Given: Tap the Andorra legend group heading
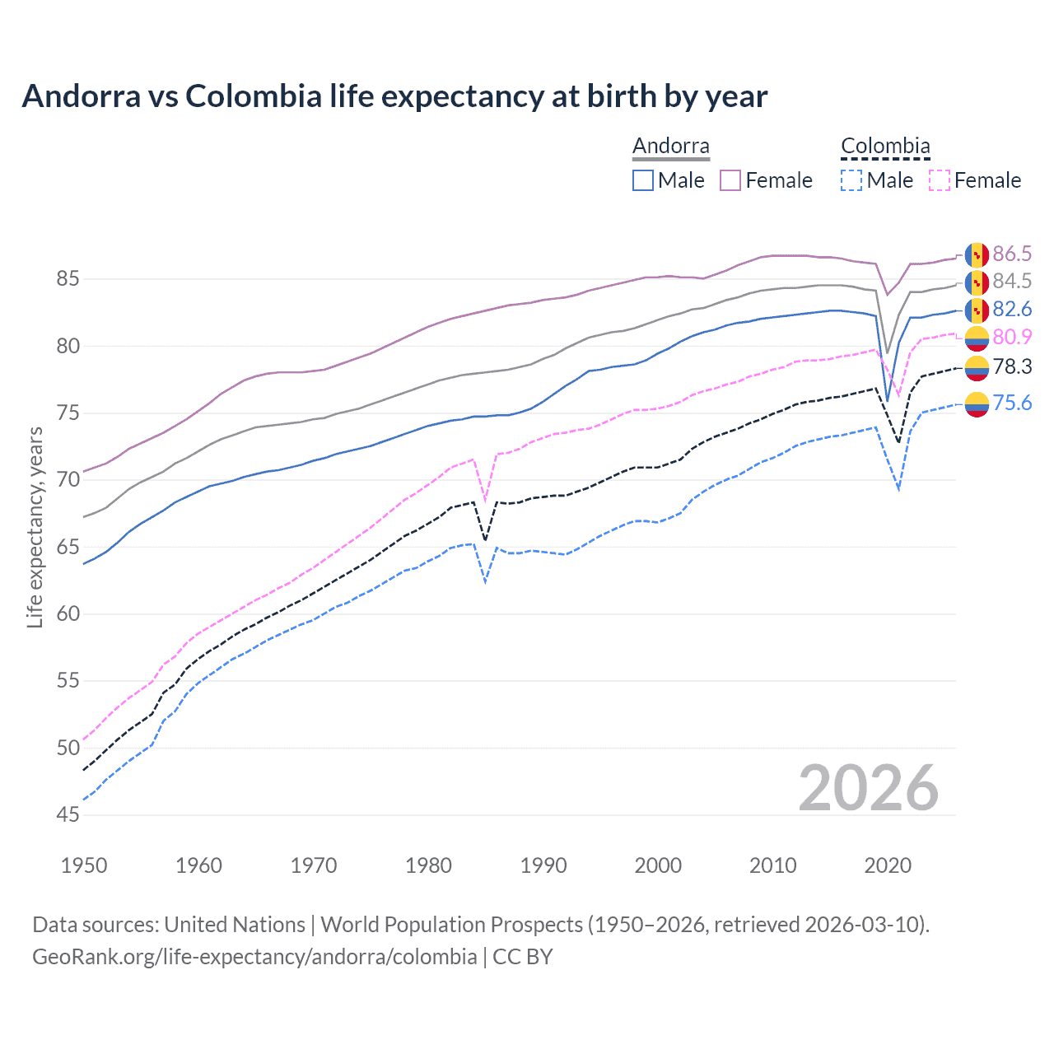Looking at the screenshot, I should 670,147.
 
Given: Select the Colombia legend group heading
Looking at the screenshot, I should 885,147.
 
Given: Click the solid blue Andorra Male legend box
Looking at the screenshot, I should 643,180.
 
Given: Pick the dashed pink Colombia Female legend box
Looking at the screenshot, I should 939,180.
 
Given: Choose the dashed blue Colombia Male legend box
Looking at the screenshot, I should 851,180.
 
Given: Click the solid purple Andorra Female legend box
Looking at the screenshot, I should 730,180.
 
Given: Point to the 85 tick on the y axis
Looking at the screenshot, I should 68,279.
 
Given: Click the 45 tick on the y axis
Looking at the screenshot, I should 68,815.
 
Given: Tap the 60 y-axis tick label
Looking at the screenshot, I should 68,614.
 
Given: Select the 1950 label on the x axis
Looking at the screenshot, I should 84,865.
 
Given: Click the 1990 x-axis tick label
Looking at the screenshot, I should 543,865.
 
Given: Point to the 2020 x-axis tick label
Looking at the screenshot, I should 888,865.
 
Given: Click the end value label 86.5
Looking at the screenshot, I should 1012,254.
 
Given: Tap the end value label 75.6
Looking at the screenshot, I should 1012,403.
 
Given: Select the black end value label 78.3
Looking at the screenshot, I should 1012,366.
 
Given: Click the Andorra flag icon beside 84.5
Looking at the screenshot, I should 977,282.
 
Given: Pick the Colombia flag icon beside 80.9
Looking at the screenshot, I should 977,338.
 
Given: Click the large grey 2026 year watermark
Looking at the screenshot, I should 869,788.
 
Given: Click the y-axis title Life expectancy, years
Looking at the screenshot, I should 35,527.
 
